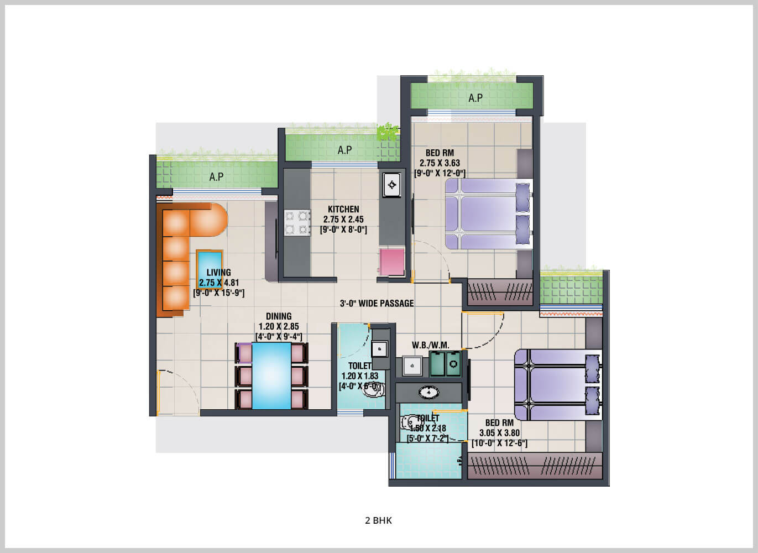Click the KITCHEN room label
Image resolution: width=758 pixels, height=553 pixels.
click(x=343, y=209)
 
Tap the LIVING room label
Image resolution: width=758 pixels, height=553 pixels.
click(x=218, y=272)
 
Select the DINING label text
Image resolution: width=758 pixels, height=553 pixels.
click(x=279, y=316)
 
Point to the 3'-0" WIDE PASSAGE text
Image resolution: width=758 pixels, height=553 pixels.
click(x=377, y=303)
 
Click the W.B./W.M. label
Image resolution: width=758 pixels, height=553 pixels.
click(x=430, y=346)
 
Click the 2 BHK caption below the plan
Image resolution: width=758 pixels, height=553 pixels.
click(x=379, y=520)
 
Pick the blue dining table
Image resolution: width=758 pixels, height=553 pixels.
click(x=271, y=375)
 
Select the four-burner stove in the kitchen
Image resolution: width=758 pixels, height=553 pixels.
click(x=296, y=223)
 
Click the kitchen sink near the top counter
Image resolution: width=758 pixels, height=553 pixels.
click(x=391, y=185)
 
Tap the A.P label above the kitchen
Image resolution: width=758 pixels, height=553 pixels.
click(x=344, y=150)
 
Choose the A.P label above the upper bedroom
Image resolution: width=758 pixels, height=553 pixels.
click(x=475, y=98)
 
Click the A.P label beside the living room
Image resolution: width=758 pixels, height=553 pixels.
click(x=216, y=177)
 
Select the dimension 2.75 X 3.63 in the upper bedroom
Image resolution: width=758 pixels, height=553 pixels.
click(x=440, y=163)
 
